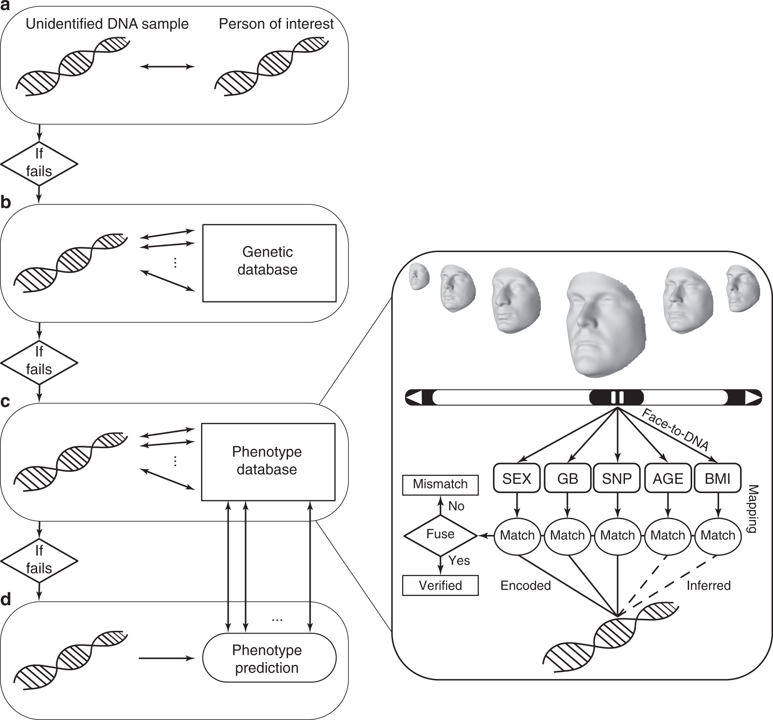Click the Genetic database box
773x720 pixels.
(269, 263)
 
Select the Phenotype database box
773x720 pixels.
(268, 462)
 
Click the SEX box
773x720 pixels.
(516, 478)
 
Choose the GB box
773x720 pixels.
(568, 478)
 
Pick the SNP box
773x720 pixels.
(617, 478)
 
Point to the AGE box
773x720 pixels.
(667, 478)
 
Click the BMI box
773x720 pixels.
(717, 478)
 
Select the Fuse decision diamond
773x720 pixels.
(440, 535)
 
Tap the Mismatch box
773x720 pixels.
(440, 485)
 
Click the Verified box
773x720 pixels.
(440, 585)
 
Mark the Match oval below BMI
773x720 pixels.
(718, 535)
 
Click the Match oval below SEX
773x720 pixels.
(517, 535)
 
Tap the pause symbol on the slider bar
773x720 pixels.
(617, 397)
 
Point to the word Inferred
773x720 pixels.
(709, 585)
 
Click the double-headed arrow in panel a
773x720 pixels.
(167, 67)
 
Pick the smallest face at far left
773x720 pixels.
(418, 276)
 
